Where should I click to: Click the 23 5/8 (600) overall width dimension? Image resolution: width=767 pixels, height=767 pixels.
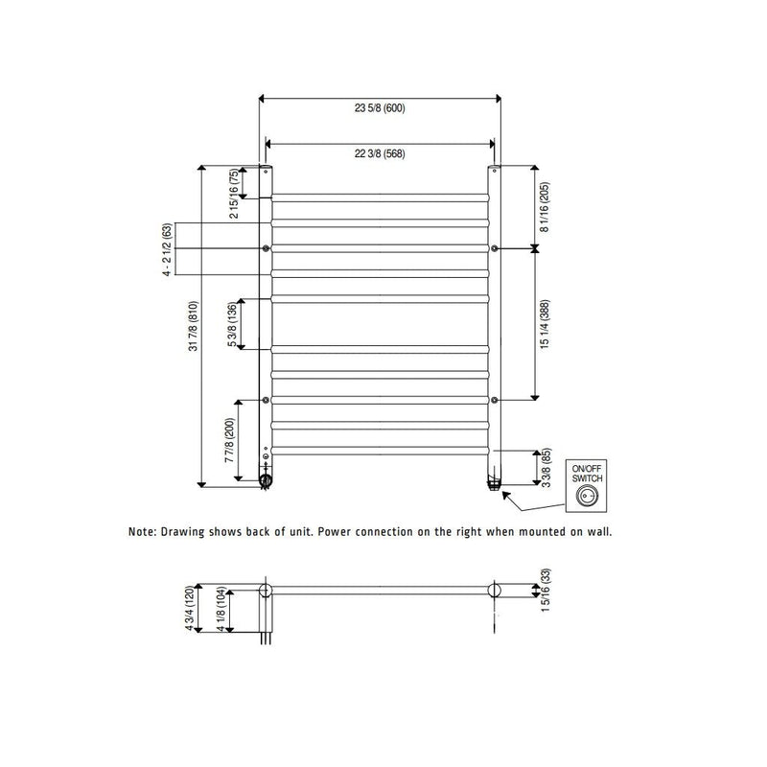380,108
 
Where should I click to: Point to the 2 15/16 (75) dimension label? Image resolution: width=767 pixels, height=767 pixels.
233,194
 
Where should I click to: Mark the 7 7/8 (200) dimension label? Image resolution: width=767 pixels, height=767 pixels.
231,440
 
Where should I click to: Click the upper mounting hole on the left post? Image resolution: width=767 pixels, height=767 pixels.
266,248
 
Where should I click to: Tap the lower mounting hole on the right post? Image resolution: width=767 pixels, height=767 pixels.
494,399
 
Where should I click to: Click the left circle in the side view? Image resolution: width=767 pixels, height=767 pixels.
266,590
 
